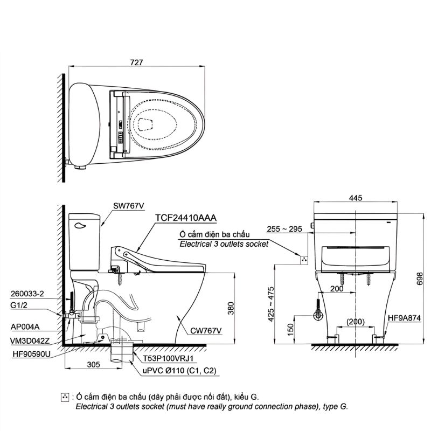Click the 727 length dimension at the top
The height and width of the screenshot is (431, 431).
click(x=136, y=62)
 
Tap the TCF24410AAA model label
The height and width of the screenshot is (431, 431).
click(x=185, y=218)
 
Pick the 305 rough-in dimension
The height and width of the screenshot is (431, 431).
click(x=93, y=365)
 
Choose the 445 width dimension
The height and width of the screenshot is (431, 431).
click(x=355, y=198)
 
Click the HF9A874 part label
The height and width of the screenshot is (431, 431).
click(x=404, y=319)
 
